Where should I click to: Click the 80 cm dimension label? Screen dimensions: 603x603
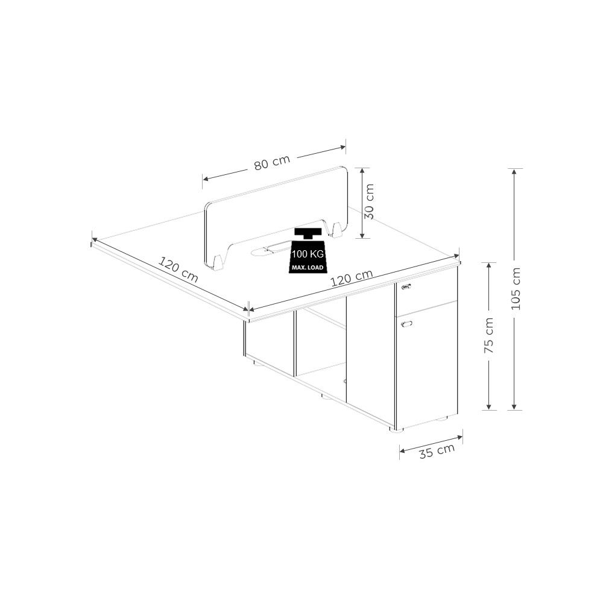[272, 163]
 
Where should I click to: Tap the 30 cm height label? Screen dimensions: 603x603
[368, 201]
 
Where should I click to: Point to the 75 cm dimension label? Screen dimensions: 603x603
[489, 335]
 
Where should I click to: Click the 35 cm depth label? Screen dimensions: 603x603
[437, 450]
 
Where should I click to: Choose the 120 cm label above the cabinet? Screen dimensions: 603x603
[352, 277]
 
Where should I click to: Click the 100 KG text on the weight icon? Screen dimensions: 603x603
[308, 254]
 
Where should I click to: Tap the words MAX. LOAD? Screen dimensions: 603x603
[308, 267]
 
